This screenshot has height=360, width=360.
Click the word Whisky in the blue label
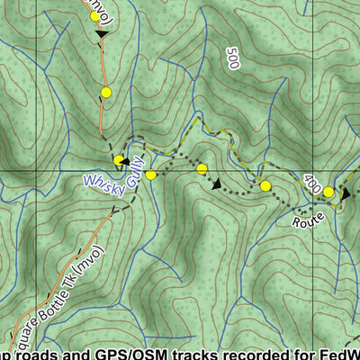point(103,182)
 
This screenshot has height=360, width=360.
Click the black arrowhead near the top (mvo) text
point(101,34)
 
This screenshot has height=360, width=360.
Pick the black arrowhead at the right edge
point(346,192)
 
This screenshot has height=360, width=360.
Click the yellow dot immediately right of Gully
point(151,175)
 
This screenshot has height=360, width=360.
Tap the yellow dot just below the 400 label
point(328,192)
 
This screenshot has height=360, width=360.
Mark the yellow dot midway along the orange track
point(106,92)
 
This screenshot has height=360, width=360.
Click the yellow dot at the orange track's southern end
point(119,160)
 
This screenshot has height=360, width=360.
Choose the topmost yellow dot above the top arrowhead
point(95,16)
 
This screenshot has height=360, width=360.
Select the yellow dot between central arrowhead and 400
point(265,185)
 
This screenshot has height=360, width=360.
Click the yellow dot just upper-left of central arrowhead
point(202,168)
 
